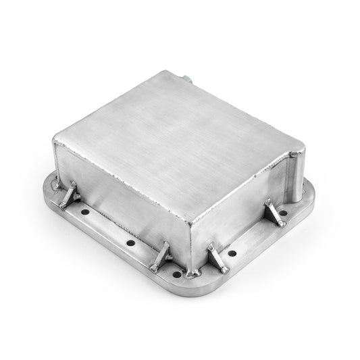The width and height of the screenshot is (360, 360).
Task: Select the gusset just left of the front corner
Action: [x=161, y=256]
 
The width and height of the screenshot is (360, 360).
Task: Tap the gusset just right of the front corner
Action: [x=217, y=258]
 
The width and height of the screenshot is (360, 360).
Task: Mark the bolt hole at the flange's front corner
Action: [x=178, y=274]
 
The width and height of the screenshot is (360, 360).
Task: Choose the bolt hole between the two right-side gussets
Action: [x=232, y=253]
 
